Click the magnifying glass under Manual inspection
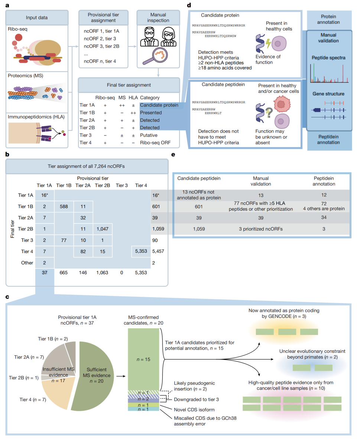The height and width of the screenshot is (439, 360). [156, 56]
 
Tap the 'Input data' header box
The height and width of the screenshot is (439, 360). [37, 17]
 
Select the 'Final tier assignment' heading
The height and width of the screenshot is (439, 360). [129, 85]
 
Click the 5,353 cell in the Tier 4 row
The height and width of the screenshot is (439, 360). [141, 251]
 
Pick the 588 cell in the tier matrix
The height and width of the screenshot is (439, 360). [64, 207]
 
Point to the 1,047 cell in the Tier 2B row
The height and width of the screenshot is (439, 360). [103, 229]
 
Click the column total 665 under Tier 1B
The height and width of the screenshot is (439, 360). [64, 272]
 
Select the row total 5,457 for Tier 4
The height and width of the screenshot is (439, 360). [158, 251]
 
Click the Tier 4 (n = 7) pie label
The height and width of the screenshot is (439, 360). [33, 400]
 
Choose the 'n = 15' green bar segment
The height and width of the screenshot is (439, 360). [143, 359]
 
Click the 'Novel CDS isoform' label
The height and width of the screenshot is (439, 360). [194, 410]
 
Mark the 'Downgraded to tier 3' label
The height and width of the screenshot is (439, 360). [197, 400]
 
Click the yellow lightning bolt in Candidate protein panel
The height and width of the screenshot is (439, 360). [268, 43]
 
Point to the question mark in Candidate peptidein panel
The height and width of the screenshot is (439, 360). [269, 113]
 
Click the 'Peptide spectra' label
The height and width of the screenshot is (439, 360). [329, 58]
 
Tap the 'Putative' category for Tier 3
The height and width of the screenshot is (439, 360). [149, 135]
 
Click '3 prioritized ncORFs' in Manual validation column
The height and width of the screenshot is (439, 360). [261, 229]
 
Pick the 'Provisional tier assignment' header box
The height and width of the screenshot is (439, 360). [103, 17]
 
